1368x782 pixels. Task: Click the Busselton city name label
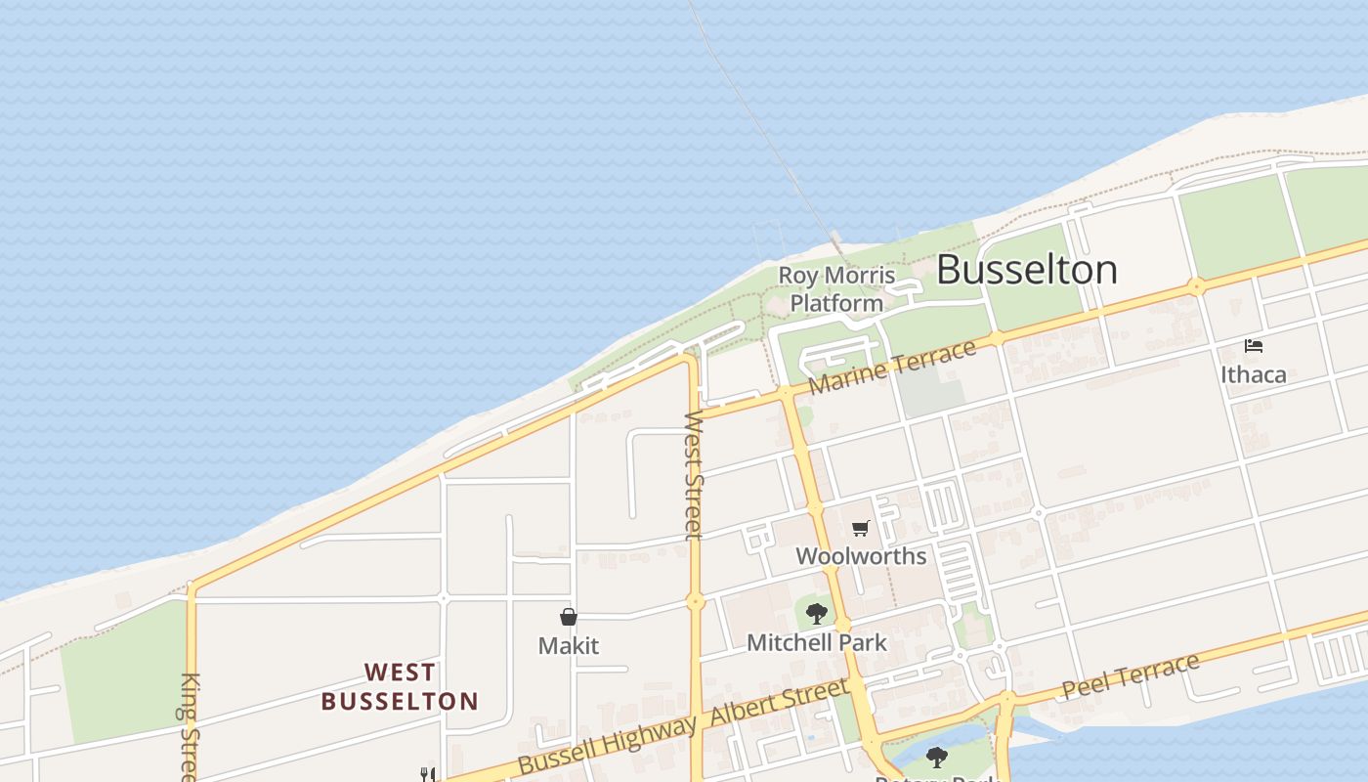coord(1026,270)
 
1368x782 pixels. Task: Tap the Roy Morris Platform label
coord(836,289)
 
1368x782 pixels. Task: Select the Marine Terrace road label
coord(892,367)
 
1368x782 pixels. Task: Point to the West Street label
coord(693,475)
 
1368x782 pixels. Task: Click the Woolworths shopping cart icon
coord(860,529)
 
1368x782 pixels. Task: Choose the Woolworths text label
coord(860,556)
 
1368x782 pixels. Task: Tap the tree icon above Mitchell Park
coord(817,614)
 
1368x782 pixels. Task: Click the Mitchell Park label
coord(817,642)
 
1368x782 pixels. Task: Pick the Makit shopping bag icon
coord(569,617)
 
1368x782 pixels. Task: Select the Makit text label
coord(568,646)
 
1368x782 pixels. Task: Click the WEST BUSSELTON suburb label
coord(400,687)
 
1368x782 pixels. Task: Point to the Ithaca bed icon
coord(1254,346)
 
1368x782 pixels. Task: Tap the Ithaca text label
coord(1254,374)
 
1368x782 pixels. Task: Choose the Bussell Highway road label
coord(608,744)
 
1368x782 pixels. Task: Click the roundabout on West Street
coord(695,602)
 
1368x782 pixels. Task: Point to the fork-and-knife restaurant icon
coord(427,774)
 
